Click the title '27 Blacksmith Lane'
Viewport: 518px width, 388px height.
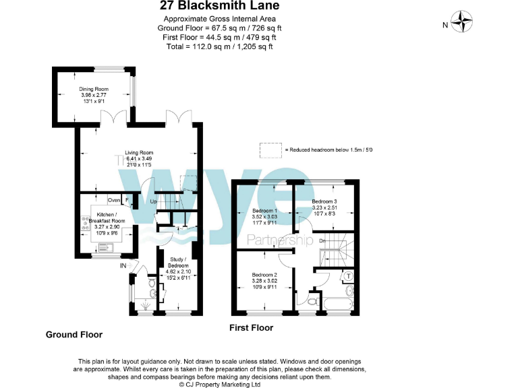pyautogui.click(x=219, y=6)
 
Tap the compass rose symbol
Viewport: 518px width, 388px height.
pyautogui.click(x=463, y=22)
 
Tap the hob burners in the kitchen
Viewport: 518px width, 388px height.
pyautogui.click(x=86, y=223)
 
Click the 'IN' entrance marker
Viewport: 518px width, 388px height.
pyautogui.click(x=123, y=266)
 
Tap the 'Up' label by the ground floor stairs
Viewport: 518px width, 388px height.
pyautogui.click(x=154, y=202)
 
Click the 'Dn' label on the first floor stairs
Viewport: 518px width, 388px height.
pyautogui.click(x=323, y=240)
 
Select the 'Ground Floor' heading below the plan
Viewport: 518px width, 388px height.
pyautogui.click(x=74, y=334)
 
